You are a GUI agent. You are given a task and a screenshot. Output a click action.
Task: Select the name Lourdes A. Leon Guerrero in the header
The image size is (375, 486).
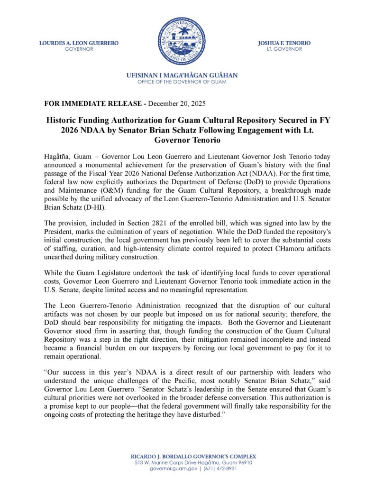79,43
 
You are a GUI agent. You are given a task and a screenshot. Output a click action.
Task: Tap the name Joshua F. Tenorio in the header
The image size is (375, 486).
284,43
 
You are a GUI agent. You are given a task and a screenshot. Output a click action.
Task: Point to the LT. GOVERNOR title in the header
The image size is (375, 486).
284,49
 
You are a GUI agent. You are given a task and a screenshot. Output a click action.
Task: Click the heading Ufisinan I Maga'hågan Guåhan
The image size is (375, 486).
182,75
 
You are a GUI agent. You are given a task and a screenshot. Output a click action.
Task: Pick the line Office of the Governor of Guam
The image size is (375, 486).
182,82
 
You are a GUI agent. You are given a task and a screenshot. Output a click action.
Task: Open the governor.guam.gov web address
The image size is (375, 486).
170,468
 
